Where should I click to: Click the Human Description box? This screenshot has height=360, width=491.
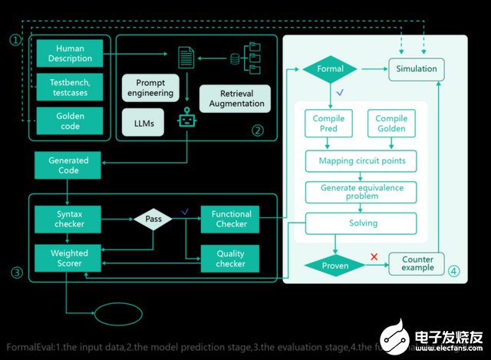(x=70, y=53)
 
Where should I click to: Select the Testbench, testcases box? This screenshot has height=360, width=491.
(x=70, y=87)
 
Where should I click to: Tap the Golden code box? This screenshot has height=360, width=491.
(x=70, y=121)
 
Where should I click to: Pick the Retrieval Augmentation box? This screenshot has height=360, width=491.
(x=236, y=98)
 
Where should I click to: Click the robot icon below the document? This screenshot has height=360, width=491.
(x=186, y=119)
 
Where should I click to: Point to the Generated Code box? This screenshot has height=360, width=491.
(x=68, y=166)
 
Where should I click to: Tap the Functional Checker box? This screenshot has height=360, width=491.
(x=230, y=219)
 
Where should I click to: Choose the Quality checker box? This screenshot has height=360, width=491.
(x=230, y=258)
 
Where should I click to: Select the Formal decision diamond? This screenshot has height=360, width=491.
(x=331, y=69)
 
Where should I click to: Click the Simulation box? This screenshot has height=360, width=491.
(x=417, y=69)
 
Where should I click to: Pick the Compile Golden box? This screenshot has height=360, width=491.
(x=392, y=124)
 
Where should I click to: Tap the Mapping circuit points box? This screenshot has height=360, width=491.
(x=361, y=161)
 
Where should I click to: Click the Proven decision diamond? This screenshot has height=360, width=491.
(x=335, y=266)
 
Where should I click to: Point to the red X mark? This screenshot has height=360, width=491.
(x=374, y=256)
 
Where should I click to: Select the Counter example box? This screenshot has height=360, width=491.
(x=417, y=264)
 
